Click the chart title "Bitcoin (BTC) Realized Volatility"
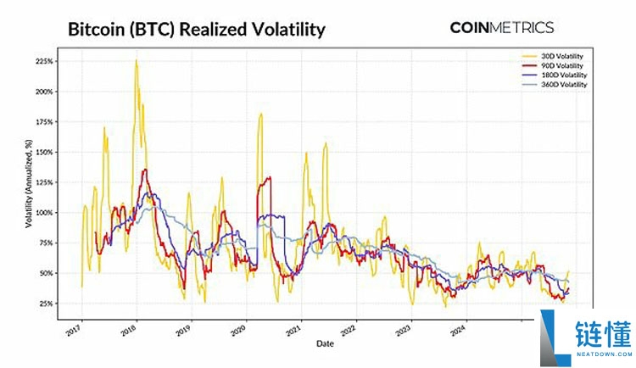point(196,30)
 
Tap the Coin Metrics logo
point(502,27)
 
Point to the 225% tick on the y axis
point(45,62)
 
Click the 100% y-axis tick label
point(45,213)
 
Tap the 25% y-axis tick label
point(47,304)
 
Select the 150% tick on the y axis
point(45,153)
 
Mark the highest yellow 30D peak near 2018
point(136,61)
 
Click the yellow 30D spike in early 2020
point(260,114)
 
